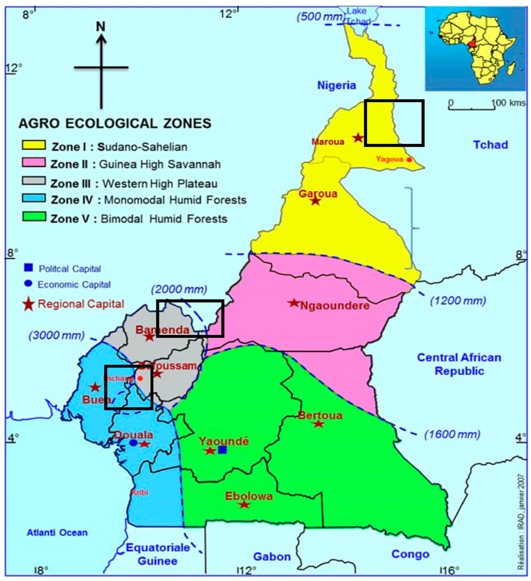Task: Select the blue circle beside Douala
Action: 133,443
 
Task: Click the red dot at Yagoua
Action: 409,159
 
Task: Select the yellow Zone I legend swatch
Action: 34,145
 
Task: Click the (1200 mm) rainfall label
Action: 458,301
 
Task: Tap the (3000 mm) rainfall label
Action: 56,335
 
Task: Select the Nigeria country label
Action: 337,85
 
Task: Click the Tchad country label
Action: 490,145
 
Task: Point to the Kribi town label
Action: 140,493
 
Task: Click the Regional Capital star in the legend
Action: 29,304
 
